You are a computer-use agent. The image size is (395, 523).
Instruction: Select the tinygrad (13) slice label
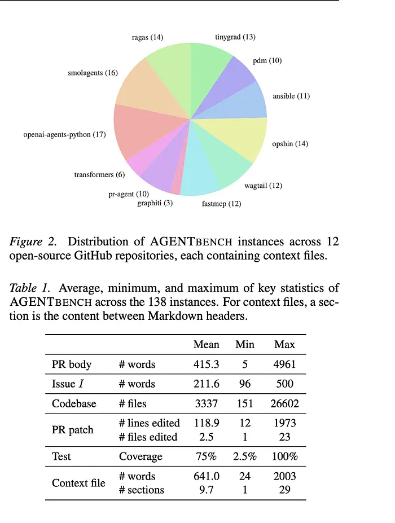click(x=235, y=37)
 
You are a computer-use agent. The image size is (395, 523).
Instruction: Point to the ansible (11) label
click(x=291, y=96)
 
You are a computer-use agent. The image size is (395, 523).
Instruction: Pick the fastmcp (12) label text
click(x=221, y=204)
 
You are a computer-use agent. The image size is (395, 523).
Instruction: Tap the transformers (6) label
click(x=99, y=175)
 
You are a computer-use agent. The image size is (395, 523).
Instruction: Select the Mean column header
click(x=206, y=345)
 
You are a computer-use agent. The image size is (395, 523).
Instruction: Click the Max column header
click(x=284, y=345)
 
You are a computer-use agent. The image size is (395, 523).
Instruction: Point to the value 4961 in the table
click(x=284, y=364)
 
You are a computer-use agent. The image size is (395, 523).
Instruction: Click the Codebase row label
click(x=74, y=403)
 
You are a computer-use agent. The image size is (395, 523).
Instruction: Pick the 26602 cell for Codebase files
click(x=284, y=403)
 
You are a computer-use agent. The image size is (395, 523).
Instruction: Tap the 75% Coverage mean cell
click(x=206, y=456)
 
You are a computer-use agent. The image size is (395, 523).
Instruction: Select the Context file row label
click(x=78, y=483)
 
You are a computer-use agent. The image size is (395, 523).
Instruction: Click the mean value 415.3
click(x=206, y=364)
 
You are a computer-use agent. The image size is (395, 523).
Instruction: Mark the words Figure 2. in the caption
click(x=33, y=242)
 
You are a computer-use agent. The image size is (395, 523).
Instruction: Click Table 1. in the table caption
click(x=32, y=288)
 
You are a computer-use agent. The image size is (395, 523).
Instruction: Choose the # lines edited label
click(x=149, y=423)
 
